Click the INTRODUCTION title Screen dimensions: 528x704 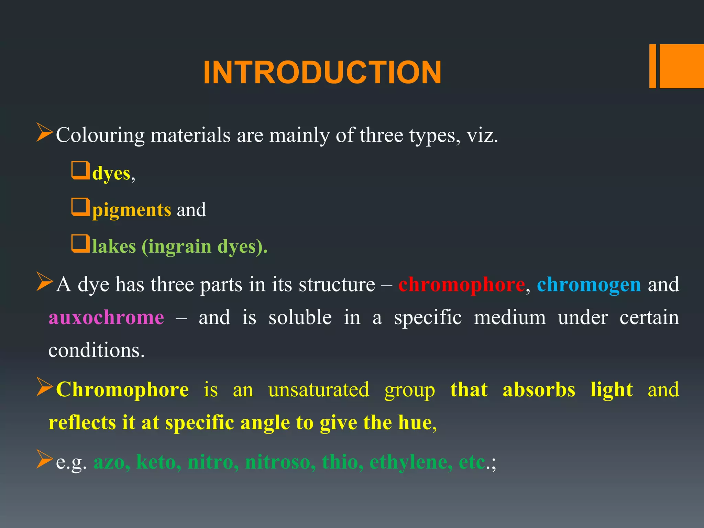click(322, 73)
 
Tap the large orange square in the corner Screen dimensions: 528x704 click(681, 66)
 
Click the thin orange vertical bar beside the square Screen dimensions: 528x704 click(652, 66)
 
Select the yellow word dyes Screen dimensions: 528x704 click(111, 173)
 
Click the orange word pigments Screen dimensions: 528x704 click(131, 210)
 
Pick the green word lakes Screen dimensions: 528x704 click(114, 246)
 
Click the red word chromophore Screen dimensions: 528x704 click(461, 285)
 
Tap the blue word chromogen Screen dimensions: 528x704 click(589, 285)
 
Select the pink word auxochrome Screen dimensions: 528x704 click(106, 317)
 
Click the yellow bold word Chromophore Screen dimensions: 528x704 click(122, 389)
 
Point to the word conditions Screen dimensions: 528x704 click(96, 350)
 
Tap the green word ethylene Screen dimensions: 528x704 click(411, 462)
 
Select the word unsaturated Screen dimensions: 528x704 click(319, 389)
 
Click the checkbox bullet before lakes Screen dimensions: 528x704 click(80, 243)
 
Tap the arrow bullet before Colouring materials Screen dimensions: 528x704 click(44, 133)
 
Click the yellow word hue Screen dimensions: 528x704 click(415, 422)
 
